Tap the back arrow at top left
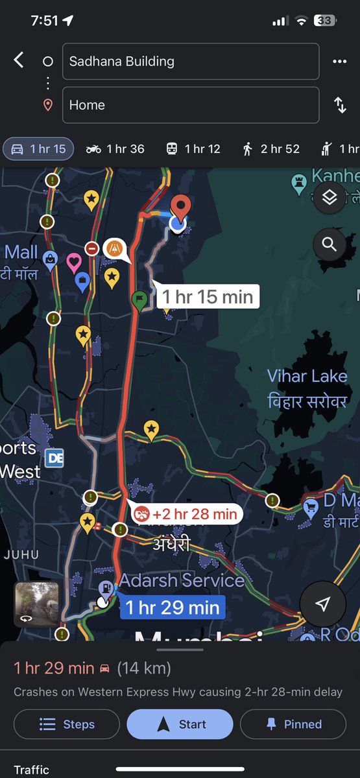tap(19, 61)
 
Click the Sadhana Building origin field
tap(190, 62)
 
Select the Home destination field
tap(190, 105)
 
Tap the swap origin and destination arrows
tap(340, 105)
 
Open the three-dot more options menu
tap(339, 62)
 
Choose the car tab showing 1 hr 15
tap(39, 149)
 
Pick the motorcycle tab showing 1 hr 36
tap(115, 149)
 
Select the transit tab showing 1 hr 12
tap(193, 149)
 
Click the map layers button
tap(330, 198)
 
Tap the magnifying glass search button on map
tap(330, 244)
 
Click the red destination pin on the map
tap(181, 207)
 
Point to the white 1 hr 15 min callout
tap(207, 297)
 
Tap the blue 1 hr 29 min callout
tap(172, 607)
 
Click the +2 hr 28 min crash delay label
tap(186, 515)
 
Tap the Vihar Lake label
tap(307, 388)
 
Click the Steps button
tap(67, 724)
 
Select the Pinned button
tap(293, 724)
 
